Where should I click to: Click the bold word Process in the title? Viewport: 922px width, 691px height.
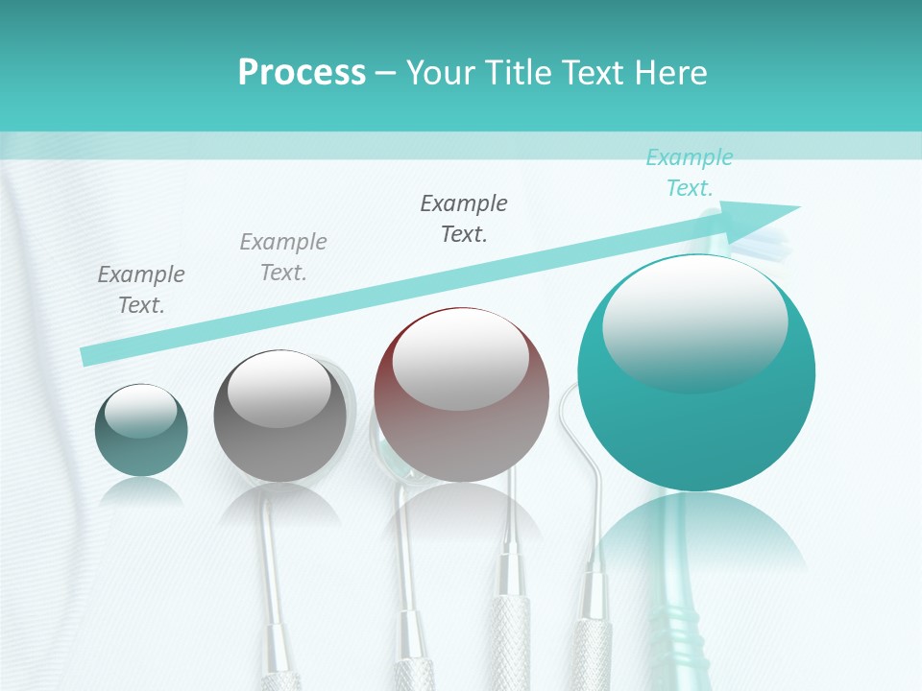click(302, 72)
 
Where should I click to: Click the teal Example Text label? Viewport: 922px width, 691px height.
click(689, 173)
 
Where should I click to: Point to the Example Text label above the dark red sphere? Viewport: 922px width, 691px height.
click(464, 218)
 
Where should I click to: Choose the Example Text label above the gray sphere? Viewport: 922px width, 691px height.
click(283, 256)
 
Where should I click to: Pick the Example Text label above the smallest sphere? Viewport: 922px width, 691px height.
click(141, 289)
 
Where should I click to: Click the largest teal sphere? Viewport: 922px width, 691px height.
click(696, 422)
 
